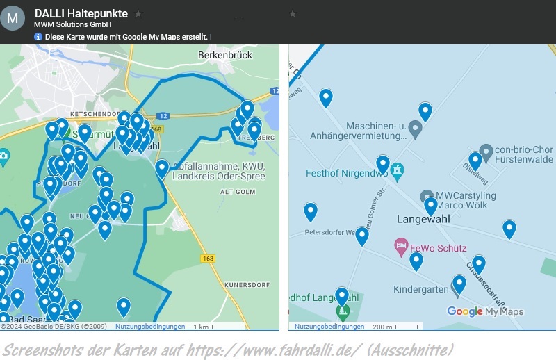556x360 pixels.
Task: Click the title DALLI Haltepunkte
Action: point(81,13)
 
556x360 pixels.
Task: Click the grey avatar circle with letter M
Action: point(12,19)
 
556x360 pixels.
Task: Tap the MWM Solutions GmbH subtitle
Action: point(73,24)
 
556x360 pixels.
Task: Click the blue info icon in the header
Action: point(38,36)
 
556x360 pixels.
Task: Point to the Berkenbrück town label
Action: point(224,54)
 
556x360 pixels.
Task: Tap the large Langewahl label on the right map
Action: point(423,219)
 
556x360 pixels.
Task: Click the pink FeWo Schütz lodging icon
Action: point(401,245)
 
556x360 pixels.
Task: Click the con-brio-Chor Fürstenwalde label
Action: point(523,156)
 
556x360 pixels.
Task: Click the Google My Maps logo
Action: point(484,311)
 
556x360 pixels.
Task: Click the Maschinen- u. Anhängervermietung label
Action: point(354,131)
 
